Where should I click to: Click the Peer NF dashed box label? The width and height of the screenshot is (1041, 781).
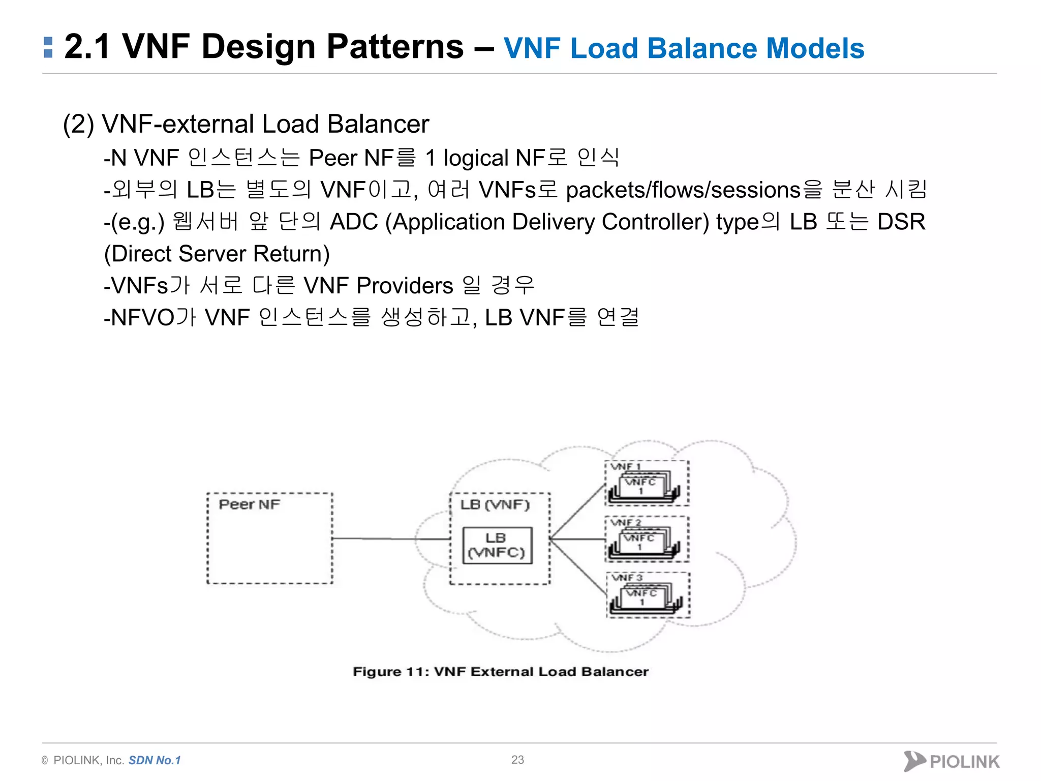pyautogui.click(x=249, y=504)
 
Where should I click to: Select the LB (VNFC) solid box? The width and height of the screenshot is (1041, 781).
pyautogui.click(x=497, y=546)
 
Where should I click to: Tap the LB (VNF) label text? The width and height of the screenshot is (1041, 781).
pyautogui.click(x=495, y=504)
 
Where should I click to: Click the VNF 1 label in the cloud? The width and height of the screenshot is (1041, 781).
pyautogui.click(x=626, y=466)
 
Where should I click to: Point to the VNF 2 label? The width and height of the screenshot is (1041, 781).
pyautogui.click(x=626, y=522)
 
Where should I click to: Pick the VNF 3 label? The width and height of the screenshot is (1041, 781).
pyautogui.click(x=627, y=578)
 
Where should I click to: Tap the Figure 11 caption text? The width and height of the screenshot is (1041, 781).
pyautogui.click(x=501, y=672)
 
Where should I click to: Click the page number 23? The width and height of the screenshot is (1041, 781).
pyautogui.click(x=517, y=760)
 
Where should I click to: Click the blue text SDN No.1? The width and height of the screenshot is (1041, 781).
pyautogui.click(x=155, y=760)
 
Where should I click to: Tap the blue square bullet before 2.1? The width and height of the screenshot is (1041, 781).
pyautogui.click(x=48, y=47)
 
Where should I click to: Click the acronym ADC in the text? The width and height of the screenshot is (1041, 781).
pyautogui.click(x=354, y=222)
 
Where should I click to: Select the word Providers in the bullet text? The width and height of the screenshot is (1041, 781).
pyautogui.click(x=405, y=286)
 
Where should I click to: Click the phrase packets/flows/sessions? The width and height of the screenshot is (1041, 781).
pyautogui.click(x=683, y=190)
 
